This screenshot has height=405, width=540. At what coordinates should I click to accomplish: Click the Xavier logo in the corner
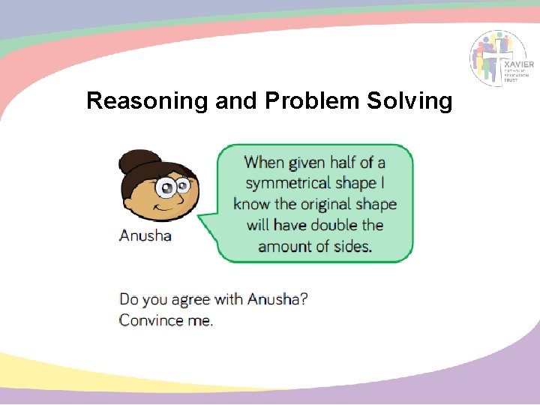pyautogui.click(x=502, y=58)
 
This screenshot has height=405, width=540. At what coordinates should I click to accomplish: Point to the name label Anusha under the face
pyautogui.click(x=145, y=235)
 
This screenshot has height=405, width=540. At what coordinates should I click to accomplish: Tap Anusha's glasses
pyautogui.click(x=171, y=187)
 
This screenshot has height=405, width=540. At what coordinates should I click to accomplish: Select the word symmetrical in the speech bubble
pyautogui.click(x=287, y=183)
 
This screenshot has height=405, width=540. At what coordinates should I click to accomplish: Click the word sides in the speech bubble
pyautogui.click(x=352, y=246)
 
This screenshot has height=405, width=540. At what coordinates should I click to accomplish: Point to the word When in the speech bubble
pyautogui.click(x=265, y=162)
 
